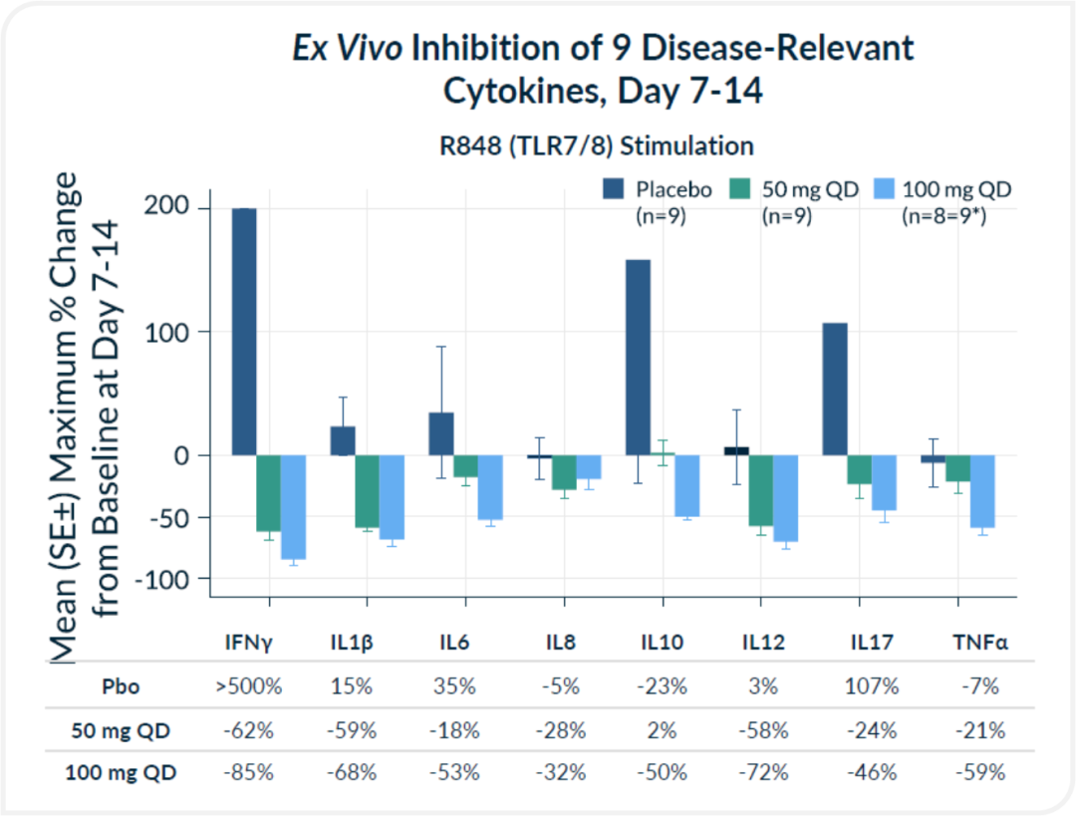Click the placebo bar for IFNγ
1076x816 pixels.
click(244, 332)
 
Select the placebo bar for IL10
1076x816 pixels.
click(638, 357)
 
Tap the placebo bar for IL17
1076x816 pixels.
click(834, 389)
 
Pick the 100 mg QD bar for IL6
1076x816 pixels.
click(490, 487)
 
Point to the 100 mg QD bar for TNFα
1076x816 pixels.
click(982, 491)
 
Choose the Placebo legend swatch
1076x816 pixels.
click(614, 189)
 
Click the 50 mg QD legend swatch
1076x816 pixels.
click(741, 189)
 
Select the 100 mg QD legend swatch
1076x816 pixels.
click(883, 189)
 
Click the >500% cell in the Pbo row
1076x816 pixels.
click(249, 687)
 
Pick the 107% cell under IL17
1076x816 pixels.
click(878, 687)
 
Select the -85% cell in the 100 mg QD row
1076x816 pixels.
click(249, 772)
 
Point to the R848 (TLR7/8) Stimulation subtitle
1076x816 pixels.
click(597, 145)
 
